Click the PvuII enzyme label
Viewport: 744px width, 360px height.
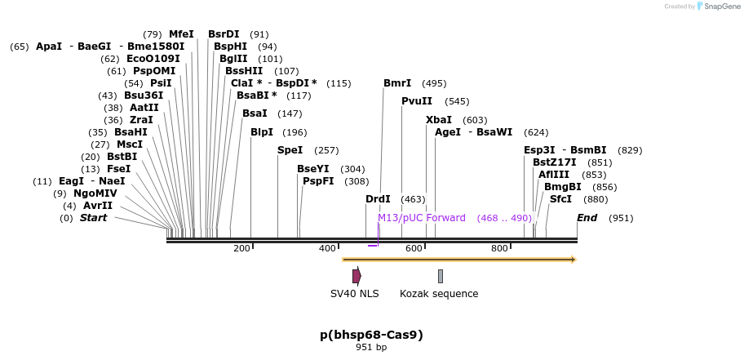tap(416, 101)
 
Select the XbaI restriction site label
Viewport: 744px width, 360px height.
tap(438, 119)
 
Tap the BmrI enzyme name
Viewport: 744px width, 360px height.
tap(397, 83)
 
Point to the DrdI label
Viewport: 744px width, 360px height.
tap(378, 199)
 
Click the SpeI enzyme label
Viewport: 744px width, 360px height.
tap(290, 150)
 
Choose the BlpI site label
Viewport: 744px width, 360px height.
tap(262, 132)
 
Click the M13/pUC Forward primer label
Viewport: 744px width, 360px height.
tap(421, 218)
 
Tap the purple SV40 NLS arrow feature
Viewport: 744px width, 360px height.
tap(356, 276)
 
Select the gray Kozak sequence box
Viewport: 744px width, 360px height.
tap(441, 276)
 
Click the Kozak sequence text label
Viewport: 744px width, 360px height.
tap(439, 294)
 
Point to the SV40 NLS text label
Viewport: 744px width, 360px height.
tap(354, 294)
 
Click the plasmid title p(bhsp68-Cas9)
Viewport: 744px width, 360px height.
tap(371, 335)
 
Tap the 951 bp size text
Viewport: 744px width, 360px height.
tap(371, 348)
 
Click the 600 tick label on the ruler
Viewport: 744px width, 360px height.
tap(414, 248)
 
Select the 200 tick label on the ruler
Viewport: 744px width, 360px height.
tap(241, 248)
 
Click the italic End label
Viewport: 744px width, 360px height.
tap(587, 218)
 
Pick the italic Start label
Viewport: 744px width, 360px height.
tap(93, 218)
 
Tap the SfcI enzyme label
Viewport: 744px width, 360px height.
tap(560, 199)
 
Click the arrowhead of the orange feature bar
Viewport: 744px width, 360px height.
tap(573, 260)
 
